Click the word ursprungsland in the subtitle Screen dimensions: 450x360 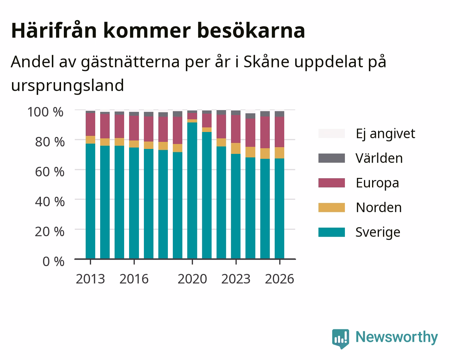[x=67, y=86]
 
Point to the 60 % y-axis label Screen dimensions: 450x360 [x=50, y=172]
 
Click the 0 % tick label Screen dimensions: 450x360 [x=54, y=262]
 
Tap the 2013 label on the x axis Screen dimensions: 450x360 [x=90, y=279]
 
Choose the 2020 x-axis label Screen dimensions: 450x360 [x=193, y=279]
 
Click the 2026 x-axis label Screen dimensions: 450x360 [x=280, y=279]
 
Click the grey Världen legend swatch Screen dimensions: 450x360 [x=332, y=158]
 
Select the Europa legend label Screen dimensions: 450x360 [x=377, y=183]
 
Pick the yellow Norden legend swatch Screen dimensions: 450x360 [x=332, y=208]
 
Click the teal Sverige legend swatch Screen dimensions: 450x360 [x=332, y=232]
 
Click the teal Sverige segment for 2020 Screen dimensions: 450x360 [x=192, y=191]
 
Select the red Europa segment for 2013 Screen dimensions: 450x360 [x=90, y=124]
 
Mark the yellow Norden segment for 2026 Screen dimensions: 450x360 [x=279, y=153]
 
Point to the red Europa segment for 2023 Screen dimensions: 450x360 [x=236, y=129]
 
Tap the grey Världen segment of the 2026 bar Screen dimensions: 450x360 [x=279, y=114]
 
